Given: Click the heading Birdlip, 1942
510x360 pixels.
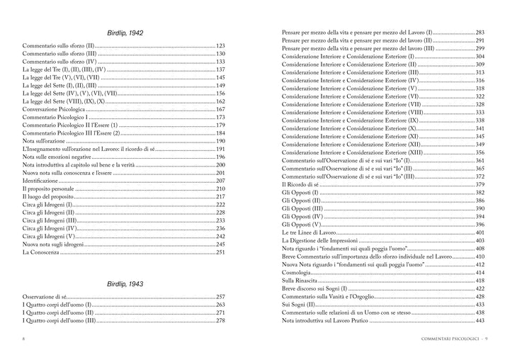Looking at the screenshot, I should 123,33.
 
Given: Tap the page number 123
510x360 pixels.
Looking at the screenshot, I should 220,45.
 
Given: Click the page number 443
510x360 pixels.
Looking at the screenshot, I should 480,321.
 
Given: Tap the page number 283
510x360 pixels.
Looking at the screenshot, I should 480,33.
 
